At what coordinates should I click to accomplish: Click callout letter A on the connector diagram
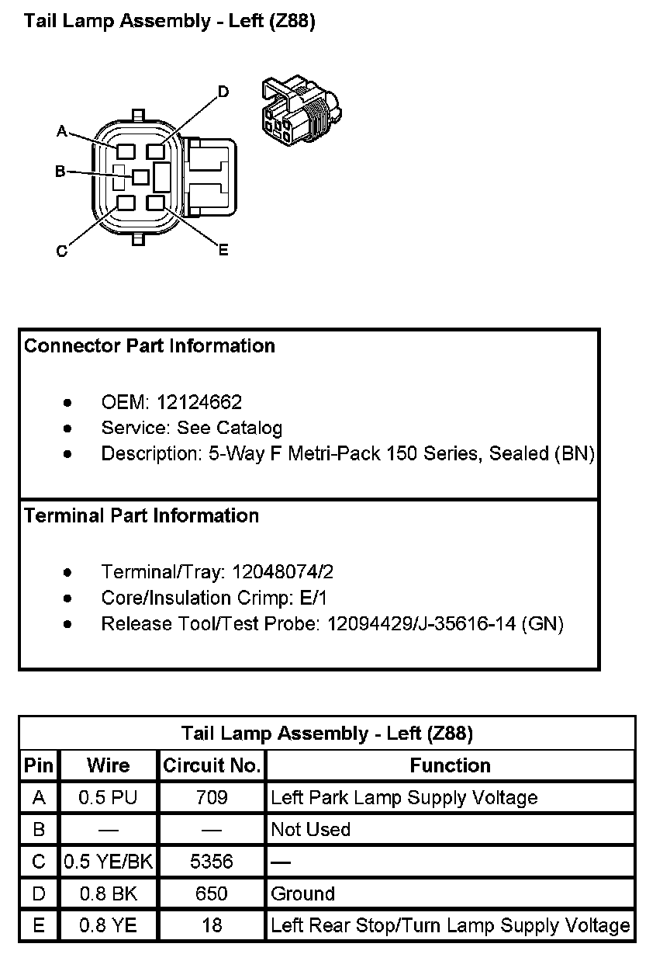coord(62,131)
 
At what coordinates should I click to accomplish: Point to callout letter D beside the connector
coord(223,92)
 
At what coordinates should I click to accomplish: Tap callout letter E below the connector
coord(223,250)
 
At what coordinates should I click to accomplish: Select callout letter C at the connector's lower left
coord(61,251)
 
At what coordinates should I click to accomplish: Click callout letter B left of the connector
coord(60,172)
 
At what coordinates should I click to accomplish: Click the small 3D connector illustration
coord(299,110)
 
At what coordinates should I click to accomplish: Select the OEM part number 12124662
coord(199,402)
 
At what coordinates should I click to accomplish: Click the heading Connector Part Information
coord(150,346)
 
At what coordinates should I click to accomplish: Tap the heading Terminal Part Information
coord(142,516)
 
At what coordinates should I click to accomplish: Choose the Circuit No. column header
coord(212,766)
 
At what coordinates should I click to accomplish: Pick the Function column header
coord(450,766)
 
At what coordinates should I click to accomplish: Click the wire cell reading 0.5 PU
coord(109,797)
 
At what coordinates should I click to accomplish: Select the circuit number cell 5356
coord(212,862)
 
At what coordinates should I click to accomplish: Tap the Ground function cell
coord(302,893)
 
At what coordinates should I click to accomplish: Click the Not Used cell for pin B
coord(310,830)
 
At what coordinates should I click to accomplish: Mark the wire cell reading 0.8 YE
coord(109,925)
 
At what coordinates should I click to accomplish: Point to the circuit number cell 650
coord(212,893)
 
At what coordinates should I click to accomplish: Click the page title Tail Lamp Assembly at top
coord(170,21)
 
